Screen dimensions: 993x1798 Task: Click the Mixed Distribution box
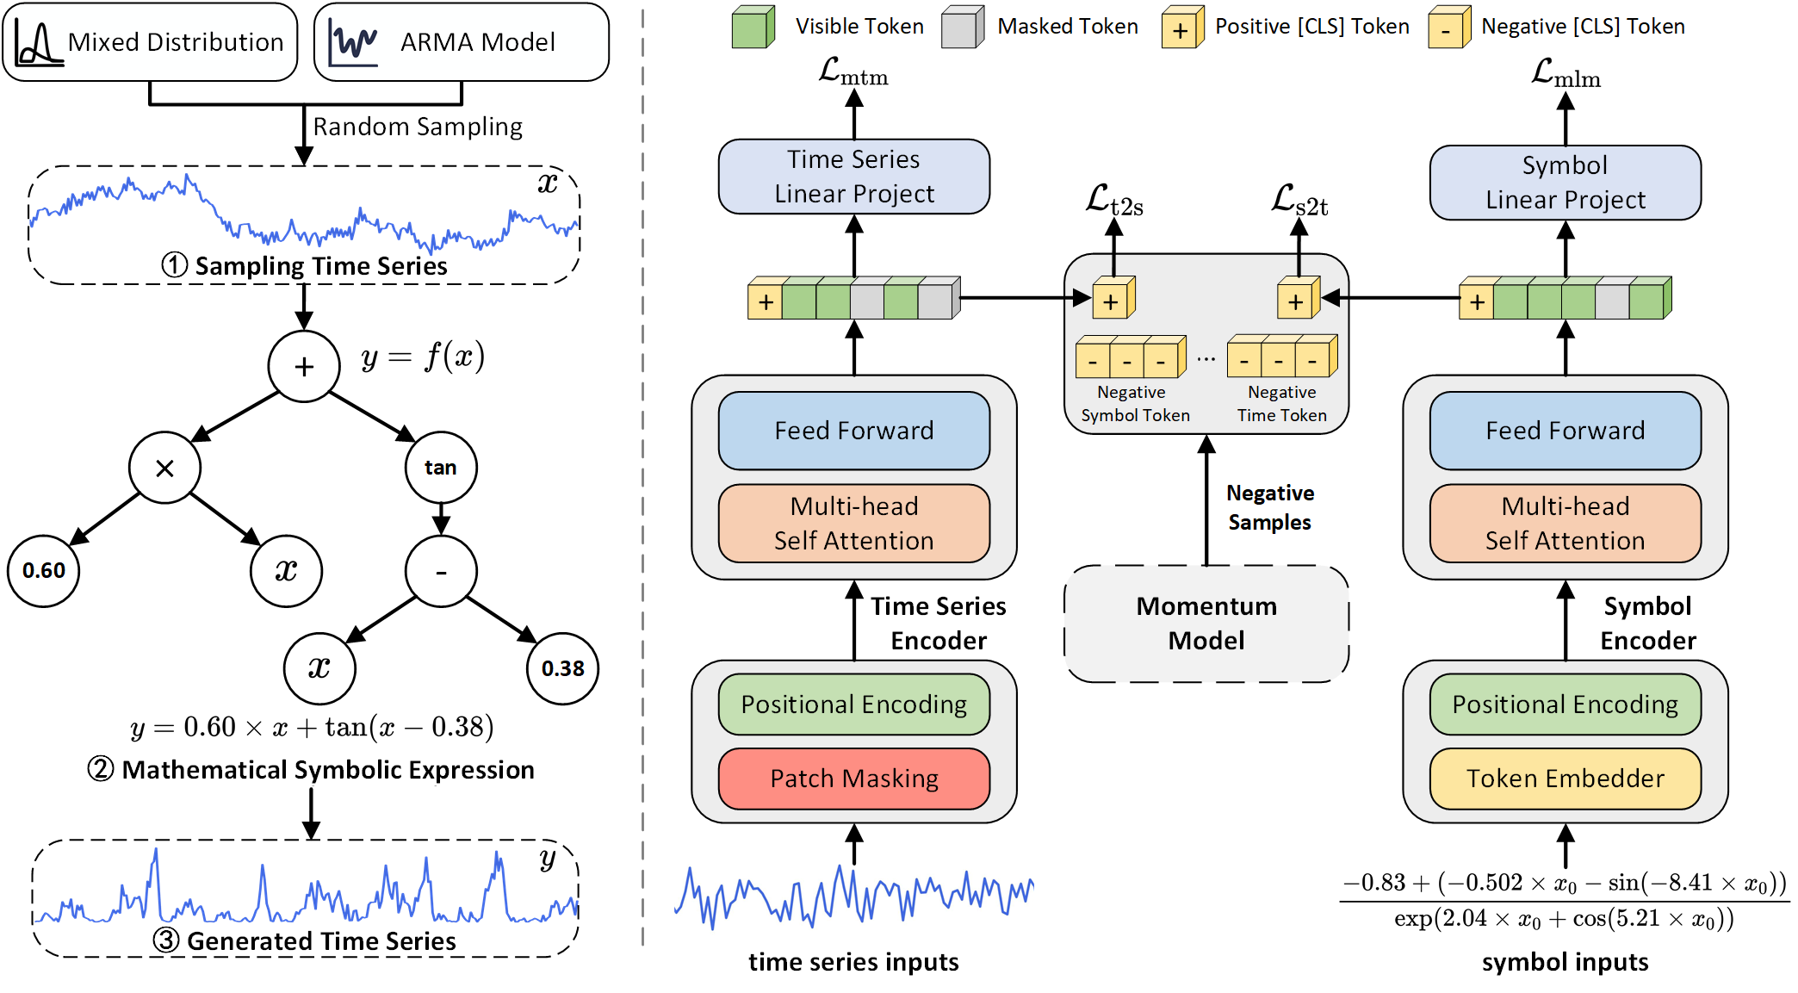(x=151, y=42)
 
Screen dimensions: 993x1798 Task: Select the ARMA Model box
(x=462, y=42)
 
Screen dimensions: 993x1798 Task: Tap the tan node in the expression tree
(x=441, y=468)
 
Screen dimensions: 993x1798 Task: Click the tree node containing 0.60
(x=44, y=570)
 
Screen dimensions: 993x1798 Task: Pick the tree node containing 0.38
(x=562, y=668)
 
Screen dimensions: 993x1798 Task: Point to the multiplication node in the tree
(x=164, y=468)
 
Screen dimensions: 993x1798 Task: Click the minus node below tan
(x=441, y=571)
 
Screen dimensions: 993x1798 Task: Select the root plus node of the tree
(x=304, y=367)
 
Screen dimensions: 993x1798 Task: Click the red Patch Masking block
(x=854, y=779)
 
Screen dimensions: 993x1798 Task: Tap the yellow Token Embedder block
(x=1565, y=779)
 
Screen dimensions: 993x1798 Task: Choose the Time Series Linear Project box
(x=854, y=177)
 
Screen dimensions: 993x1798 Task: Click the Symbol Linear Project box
(x=1565, y=183)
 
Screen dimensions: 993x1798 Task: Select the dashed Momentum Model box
(x=1206, y=624)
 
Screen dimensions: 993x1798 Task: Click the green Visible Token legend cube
(x=753, y=28)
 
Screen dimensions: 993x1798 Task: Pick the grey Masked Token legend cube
(x=962, y=28)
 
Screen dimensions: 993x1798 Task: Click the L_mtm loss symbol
(x=852, y=72)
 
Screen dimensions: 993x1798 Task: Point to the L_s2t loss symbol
(x=1299, y=201)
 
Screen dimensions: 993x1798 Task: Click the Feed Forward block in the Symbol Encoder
(x=1565, y=431)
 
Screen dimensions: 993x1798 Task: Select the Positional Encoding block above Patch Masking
(x=854, y=704)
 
